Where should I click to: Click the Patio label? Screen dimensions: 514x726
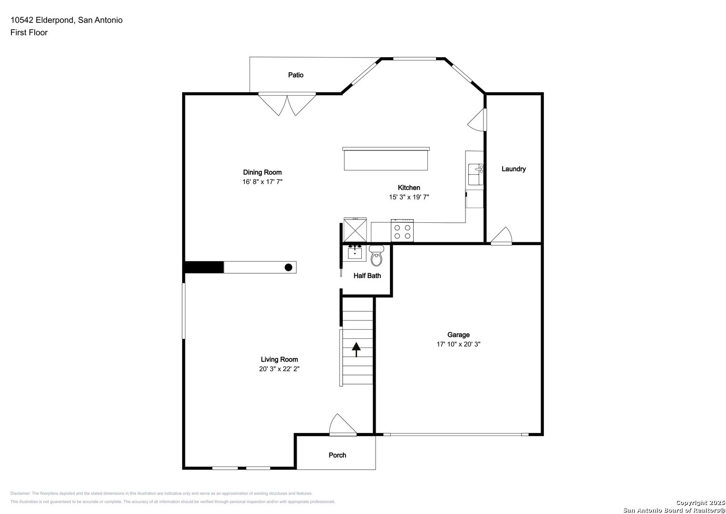pyautogui.click(x=295, y=75)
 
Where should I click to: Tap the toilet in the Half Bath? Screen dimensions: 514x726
pyautogui.click(x=376, y=257)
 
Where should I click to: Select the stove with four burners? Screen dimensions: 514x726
pyautogui.click(x=402, y=231)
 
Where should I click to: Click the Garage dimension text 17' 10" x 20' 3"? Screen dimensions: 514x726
pyautogui.click(x=458, y=344)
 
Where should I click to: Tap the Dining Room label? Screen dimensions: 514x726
pyautogui.click(x=262, y=172)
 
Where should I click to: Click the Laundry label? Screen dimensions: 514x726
pyautogui.click(x=513, y=169)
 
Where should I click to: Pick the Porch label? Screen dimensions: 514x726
pyautogui.click(x=338, y=455)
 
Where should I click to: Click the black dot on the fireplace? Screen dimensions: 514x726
pyautogui.click(x=288, y=267)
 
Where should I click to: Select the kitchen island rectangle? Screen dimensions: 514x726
pyautogui.click(x=386, y=159)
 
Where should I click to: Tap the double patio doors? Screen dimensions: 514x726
pyautogui.click(x=287, y=104)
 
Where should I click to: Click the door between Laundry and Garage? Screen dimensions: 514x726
pyautogui.click(x=502, y=237)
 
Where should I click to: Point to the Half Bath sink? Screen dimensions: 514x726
pyautogui.click(x=355, y=252)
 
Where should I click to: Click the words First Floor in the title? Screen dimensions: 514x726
pyautogui.click(x=29, y=32)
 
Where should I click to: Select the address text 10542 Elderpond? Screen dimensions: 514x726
pyautogui.click(x=42, y=20)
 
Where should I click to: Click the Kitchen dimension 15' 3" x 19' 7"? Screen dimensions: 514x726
pyautogui.click(x=409, y=197)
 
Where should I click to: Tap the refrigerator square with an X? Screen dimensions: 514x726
pyautogui.click(x=355, y=230)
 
